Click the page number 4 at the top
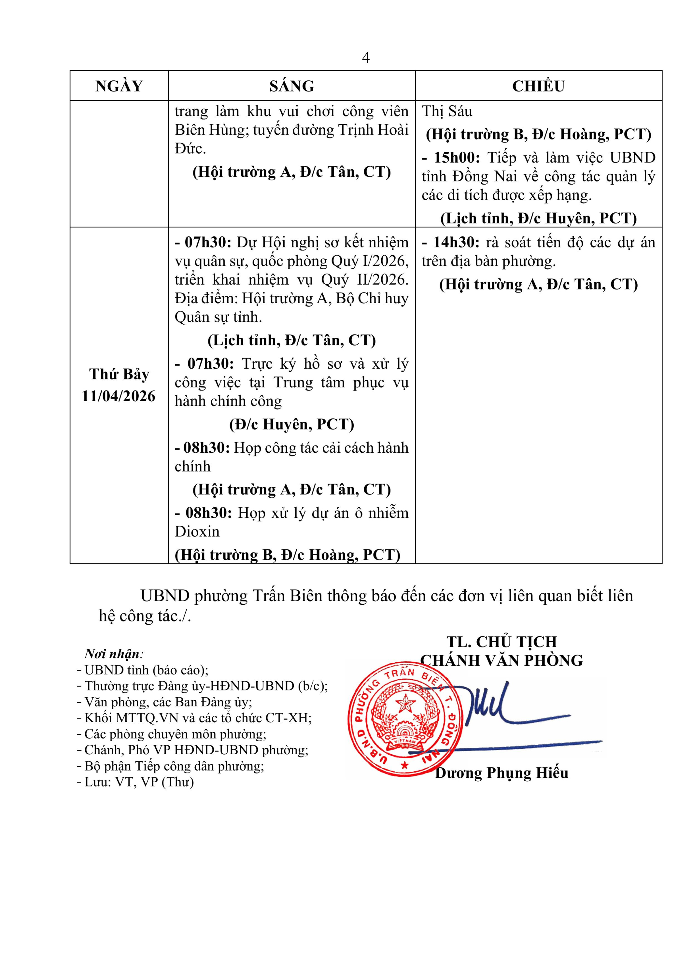(x=365, y=57)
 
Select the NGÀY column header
(x=119, y=86)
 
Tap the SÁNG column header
(x=291, y=86)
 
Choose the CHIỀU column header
(x=538, y=86)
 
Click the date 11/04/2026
(x=119, y=396)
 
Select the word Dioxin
(x=197, y=531)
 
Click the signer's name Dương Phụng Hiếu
(x=501, y=772)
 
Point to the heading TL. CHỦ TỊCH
(x=501, y=642)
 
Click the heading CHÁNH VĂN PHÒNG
(x=501, y=660)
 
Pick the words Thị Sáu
(x=447, y=111)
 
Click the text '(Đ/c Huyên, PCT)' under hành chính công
(x=291, y=424)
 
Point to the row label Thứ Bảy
(x=119, y=375)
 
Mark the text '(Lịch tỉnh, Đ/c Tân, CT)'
(x=291, y=340)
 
